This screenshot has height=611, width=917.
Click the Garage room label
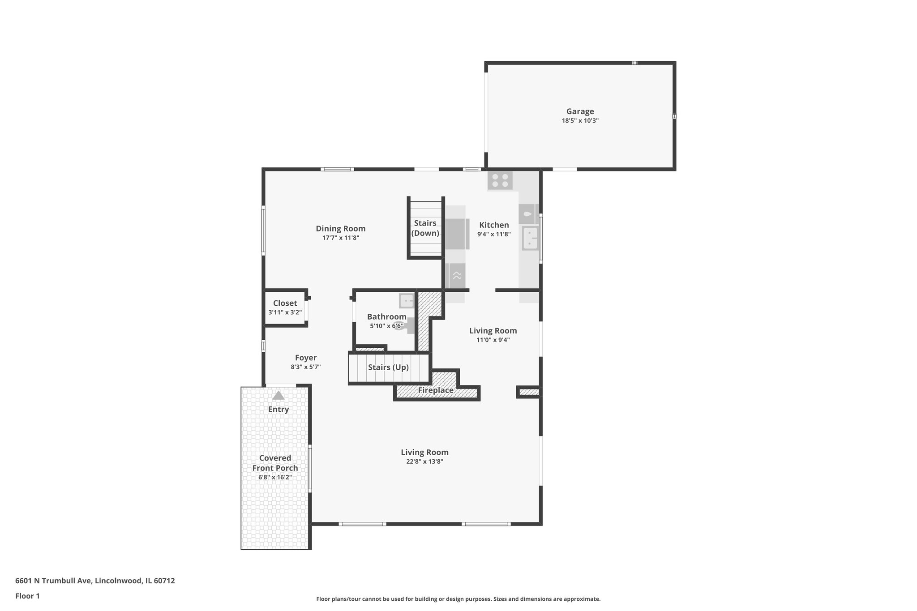(580, 111)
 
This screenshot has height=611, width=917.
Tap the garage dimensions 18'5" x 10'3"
(580, 121)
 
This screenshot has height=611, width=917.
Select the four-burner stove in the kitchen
(500, 180)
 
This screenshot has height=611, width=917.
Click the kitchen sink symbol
(530, 238)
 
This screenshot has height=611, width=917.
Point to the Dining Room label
(340, 229)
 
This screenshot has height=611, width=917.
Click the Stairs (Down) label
(425, 228)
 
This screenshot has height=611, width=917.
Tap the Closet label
(285, 303)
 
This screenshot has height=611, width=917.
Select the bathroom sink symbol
(407, 301)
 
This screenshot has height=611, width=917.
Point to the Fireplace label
(436, 390)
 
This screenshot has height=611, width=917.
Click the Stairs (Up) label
(388, 367)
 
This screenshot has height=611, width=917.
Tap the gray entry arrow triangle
(278, 395)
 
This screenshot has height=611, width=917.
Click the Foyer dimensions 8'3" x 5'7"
(305, 367)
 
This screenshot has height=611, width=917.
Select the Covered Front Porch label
(275, 463)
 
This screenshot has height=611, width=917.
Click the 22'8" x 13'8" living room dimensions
(424, 462)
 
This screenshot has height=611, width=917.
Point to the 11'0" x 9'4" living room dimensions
(493, 340)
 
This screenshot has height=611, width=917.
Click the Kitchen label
(494, 225)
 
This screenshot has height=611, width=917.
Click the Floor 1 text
(27, 596)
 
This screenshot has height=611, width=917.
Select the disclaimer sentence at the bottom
(458, 599)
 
